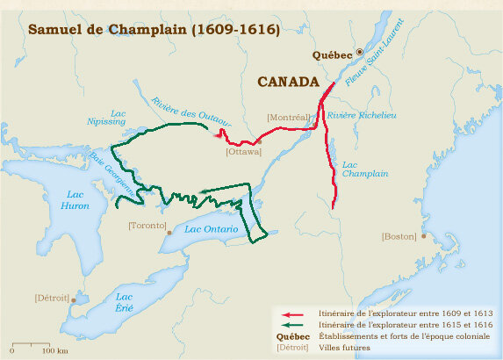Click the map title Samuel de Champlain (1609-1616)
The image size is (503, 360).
pos(154,30)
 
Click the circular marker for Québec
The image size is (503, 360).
pos(358,53)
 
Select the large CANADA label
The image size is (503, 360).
pos(288,82)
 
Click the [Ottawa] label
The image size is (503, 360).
pos(243,152)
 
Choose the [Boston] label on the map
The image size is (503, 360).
pos(399,236)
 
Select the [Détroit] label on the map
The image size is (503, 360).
pos(51,298)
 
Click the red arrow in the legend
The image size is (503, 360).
pos(291,313)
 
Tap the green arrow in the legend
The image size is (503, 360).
pos(291,325)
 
